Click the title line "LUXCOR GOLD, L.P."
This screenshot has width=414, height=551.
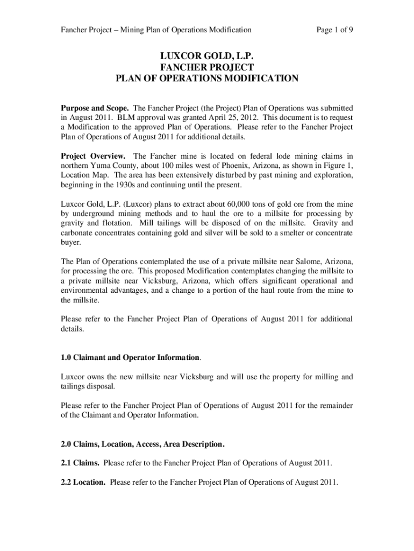pos(207,56)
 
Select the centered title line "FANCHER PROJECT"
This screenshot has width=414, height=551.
pos(207,67)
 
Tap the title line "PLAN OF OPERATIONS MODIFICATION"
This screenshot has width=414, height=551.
pos(207,79)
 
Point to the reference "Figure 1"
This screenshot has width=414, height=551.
pos(338,166)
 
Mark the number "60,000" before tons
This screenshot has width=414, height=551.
pos(260,204)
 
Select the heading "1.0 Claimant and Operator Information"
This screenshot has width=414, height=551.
pos(130,358)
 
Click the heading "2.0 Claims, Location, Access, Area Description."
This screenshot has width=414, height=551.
pos(142,444)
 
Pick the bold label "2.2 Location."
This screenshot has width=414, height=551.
pos(83,482)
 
